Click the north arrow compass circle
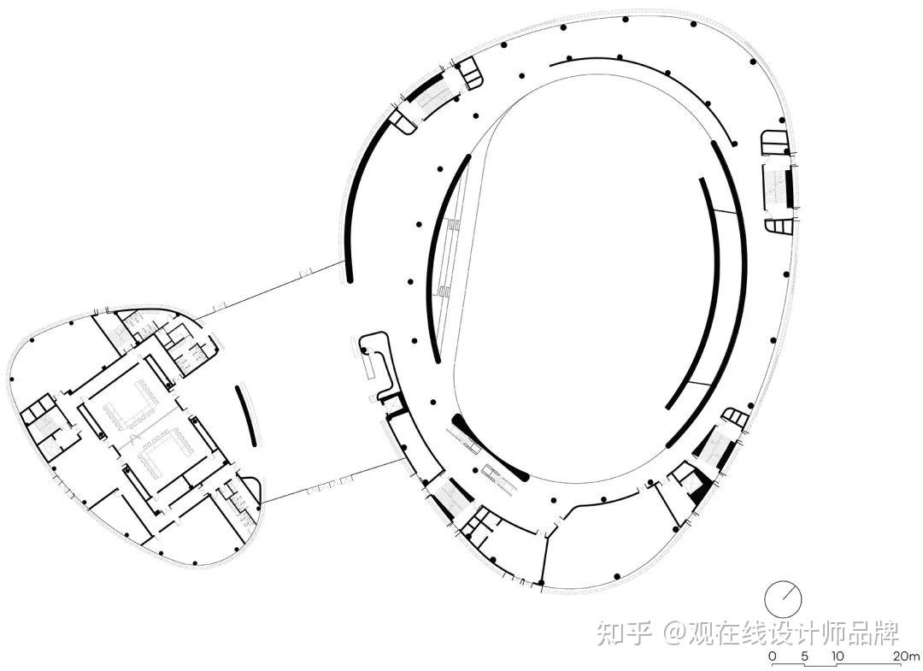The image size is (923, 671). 783,598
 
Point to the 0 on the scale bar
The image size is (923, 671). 773,656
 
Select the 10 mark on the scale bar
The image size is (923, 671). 837,656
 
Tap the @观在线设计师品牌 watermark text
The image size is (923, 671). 782,633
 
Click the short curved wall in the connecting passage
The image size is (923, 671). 246,415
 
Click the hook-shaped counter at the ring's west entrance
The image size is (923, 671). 377,359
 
